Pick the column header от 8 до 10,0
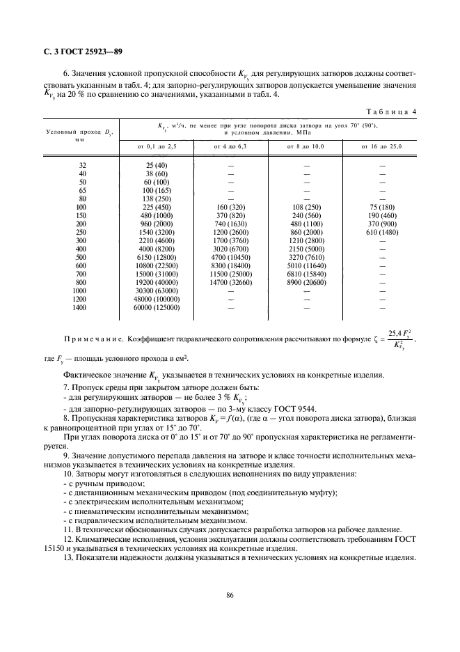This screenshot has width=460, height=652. point(307,147)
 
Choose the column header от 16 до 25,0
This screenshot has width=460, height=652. point(382,147)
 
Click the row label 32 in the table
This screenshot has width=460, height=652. point(84,165)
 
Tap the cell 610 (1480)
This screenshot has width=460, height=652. point(382,232)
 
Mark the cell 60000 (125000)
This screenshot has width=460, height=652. point(157,307)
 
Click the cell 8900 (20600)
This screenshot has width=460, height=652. point(307,282)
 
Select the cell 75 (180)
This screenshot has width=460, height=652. point(382,207)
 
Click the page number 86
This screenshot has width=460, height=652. point(230,594)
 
